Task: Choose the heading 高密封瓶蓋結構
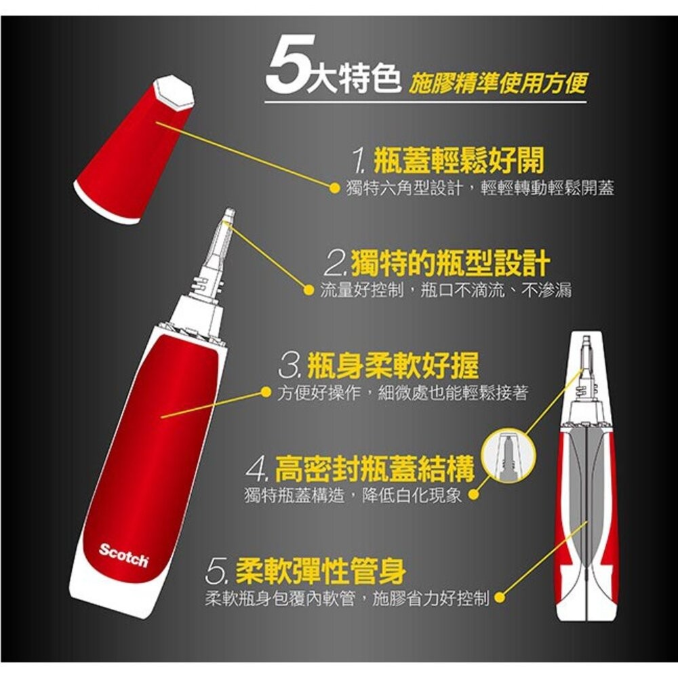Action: [x=374, y=468]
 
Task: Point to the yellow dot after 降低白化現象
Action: [x=473, y=496]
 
